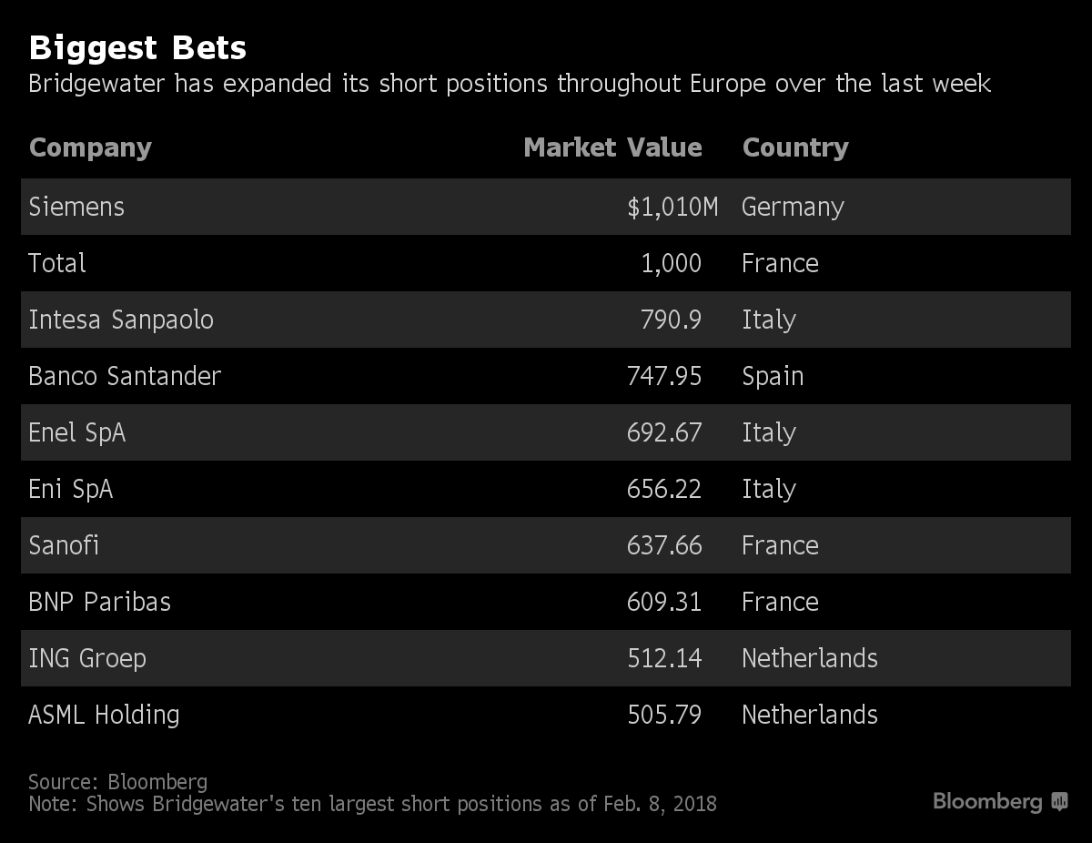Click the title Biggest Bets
click(x=137, y=47)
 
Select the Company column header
click(x=90, y=147)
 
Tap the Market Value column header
click(x=612, y=147)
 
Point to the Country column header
click(x=795, y=147)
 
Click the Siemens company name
click(x=76, y=207)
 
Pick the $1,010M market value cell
click(x=672, y=208)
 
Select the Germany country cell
click(x=793, y=208)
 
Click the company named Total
click(x=57, y=263)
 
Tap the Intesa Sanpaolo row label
click(x=121, y=320)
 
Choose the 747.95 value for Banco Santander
click(x=664, y=376)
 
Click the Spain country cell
click(x=773, y=376)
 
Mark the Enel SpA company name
click(x=77, y=432)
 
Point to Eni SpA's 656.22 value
click(x=664, y=489)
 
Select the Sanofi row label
click(x=64, y=545)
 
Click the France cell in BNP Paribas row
click(x=780, y=602)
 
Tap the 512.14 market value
click(x=664, y=658)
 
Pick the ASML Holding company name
click(x=104, y=715)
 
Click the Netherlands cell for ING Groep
click(x=810, y=658)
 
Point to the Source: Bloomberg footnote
click(x=117, y=782)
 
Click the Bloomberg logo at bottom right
click(x=999, y=802)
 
